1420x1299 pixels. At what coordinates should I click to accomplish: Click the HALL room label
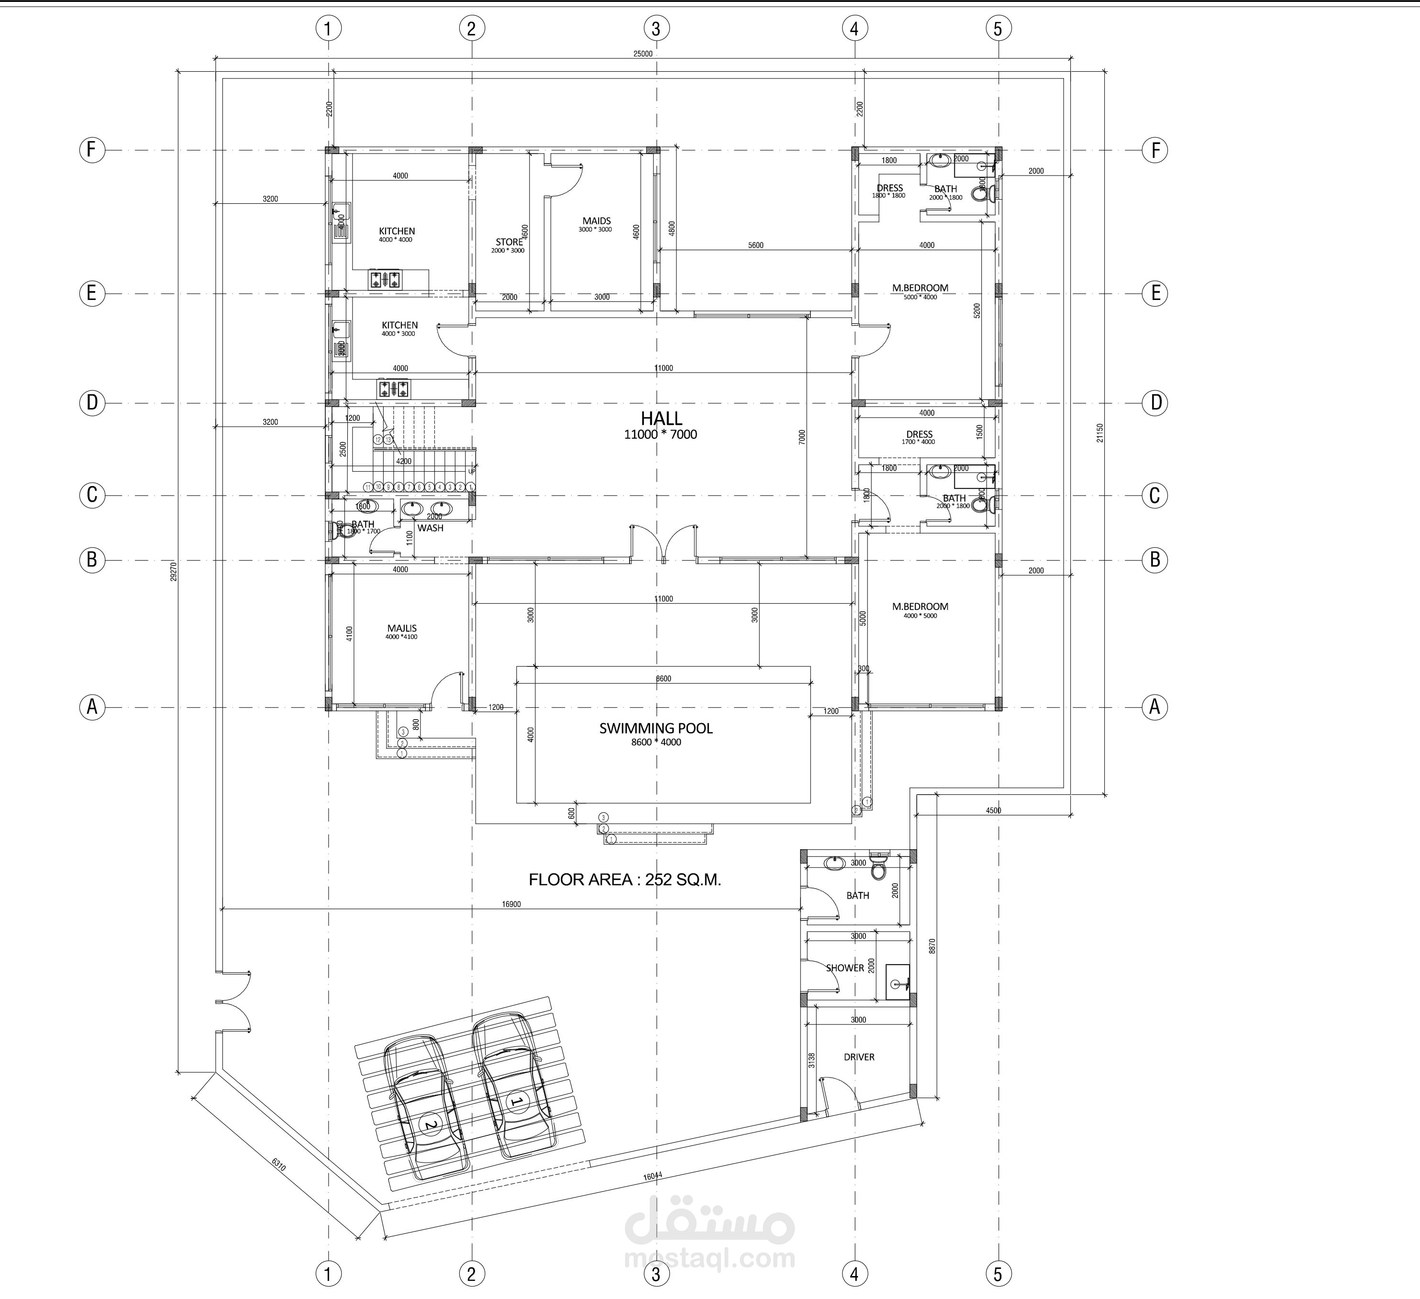[661, 419]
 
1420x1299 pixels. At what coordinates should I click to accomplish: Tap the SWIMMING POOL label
[656, 728]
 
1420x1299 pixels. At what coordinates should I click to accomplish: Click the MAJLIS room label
[401, 628]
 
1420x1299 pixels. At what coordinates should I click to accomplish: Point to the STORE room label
[509, 242]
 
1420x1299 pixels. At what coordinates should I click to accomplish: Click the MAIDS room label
[596, 221]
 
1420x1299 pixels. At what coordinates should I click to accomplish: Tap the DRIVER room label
[859, 1057]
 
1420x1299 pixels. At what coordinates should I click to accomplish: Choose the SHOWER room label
[844, 968]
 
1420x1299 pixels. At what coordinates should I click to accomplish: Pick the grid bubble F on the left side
[91, 150]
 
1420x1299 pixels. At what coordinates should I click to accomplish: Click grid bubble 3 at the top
[656, 29]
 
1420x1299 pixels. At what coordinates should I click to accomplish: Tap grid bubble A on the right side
[1154, 707]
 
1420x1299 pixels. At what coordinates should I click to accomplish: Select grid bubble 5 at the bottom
[998, 1274]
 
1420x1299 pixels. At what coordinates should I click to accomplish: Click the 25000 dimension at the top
[643, 54]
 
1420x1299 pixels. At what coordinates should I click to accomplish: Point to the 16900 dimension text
[511, 904]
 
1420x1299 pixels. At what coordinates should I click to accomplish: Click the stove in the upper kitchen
[385, 280]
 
